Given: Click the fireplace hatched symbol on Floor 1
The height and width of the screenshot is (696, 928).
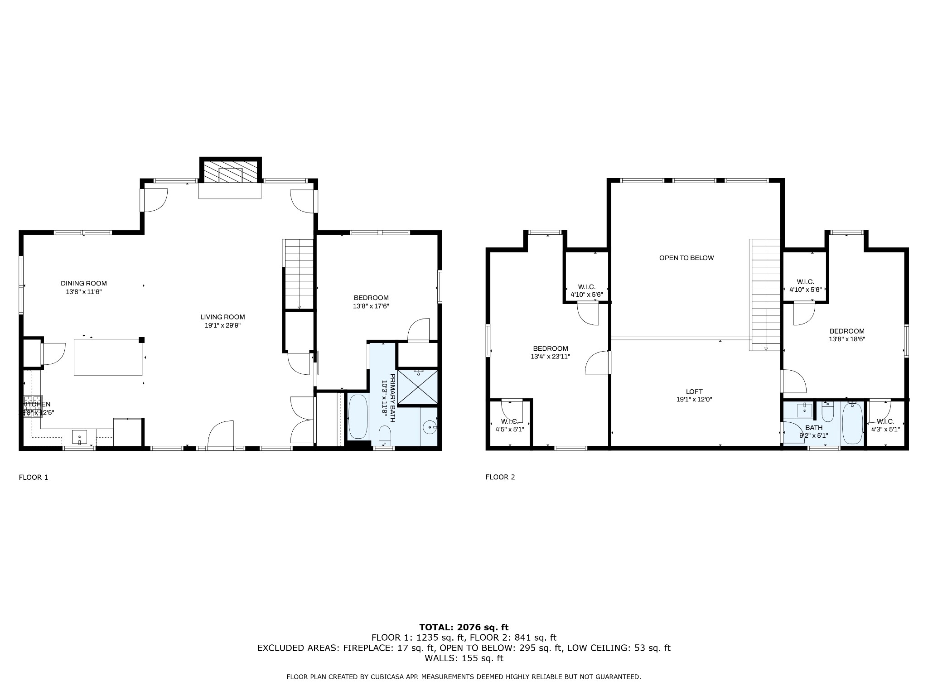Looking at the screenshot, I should click(x=231, y=171).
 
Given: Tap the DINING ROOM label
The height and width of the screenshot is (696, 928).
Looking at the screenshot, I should click(x=84, y=284).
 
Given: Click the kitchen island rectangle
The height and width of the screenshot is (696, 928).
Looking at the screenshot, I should click(x=108, y=357).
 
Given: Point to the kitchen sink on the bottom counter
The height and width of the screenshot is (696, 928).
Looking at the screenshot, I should click(x=79, y=438).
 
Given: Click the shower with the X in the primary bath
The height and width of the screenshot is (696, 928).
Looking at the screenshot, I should click(x=419, y=387).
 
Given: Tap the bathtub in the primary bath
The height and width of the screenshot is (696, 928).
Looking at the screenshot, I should click(x=358, y=416).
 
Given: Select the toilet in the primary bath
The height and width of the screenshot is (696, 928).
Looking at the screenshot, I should click(x=385, y=435).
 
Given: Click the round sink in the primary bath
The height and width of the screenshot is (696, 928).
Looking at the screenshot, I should click(x=429, y=427).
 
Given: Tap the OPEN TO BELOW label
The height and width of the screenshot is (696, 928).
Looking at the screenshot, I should click(x=686, y=258).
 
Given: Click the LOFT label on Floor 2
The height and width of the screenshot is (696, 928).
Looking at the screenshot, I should click(x=694, y=391).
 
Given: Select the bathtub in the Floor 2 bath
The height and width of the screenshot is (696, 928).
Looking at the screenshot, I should click(x=852, y=424).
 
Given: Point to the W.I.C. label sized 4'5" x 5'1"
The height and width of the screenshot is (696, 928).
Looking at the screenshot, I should click(x=509, y=421).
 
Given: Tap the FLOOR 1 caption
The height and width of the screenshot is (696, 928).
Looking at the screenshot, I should click(x=33, y=477).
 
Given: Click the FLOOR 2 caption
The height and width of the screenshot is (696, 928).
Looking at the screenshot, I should click(x=500, y=477).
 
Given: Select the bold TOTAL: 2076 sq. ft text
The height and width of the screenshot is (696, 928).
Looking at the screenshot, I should click(x=464, y=627).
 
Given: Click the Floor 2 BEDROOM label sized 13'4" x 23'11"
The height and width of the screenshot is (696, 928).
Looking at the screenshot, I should click(x=550, y=348).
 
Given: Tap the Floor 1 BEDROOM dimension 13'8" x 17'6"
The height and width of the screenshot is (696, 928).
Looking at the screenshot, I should click(x=371, y=306).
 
